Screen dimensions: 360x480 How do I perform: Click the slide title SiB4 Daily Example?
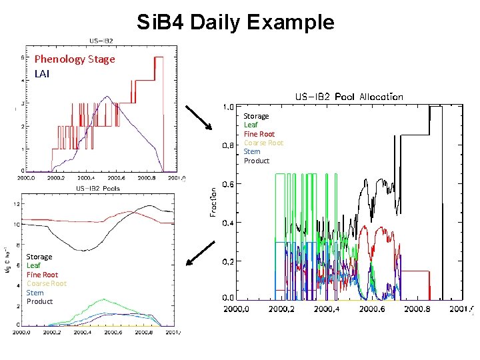(x=235, y=22)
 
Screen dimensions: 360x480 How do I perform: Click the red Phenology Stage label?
(x=75, y=59)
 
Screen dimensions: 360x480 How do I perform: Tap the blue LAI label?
(x=42, y=73)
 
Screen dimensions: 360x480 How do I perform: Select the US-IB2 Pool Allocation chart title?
(x=349, y=97)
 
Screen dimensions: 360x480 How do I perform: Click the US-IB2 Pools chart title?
(x=99, y=189)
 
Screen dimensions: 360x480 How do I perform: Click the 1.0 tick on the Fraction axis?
(x=227, y=107)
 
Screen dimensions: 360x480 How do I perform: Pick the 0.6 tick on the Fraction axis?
(x=227, y=185)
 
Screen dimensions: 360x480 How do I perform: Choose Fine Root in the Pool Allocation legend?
(x=259, y=134)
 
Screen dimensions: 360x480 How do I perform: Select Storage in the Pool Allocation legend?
(x=257, y=116)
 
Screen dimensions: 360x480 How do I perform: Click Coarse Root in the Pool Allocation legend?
(x=263, y=143)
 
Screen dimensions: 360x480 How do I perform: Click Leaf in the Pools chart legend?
(x=33, y=265)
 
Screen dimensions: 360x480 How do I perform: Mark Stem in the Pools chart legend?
(x=35, y=293)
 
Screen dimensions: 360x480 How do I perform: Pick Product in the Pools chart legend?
(x=39, y=301)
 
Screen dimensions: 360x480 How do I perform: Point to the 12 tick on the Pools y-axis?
(x=17, y=204)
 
